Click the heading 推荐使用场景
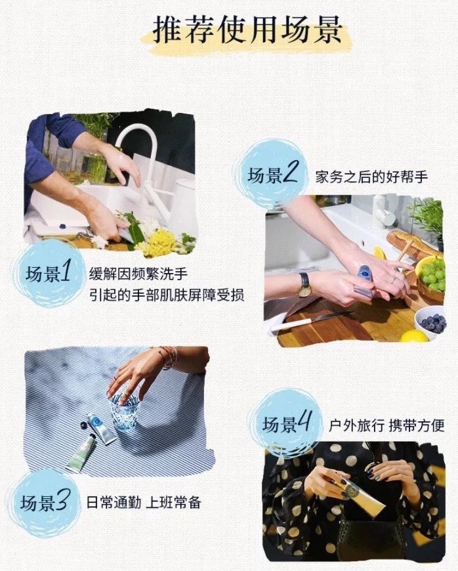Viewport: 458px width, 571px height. click(x=247, y=30)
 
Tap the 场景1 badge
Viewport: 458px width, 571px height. click(x=48, y=272)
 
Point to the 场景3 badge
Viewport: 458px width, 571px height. click(x=45, y=503)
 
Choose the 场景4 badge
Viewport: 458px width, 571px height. click(x=287, y=423)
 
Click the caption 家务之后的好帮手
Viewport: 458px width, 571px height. click(x=371, y=177)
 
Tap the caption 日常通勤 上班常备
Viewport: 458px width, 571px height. click(x=144, y=503)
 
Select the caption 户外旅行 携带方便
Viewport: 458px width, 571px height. click(x=386, y=425)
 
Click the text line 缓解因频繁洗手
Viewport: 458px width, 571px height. click(x=138, y=274)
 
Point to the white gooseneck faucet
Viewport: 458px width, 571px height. click(x=146, y=167)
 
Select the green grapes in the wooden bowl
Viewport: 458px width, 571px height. click(x=432, y=273)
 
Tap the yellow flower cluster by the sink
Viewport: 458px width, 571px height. click(x=159, y=242)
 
